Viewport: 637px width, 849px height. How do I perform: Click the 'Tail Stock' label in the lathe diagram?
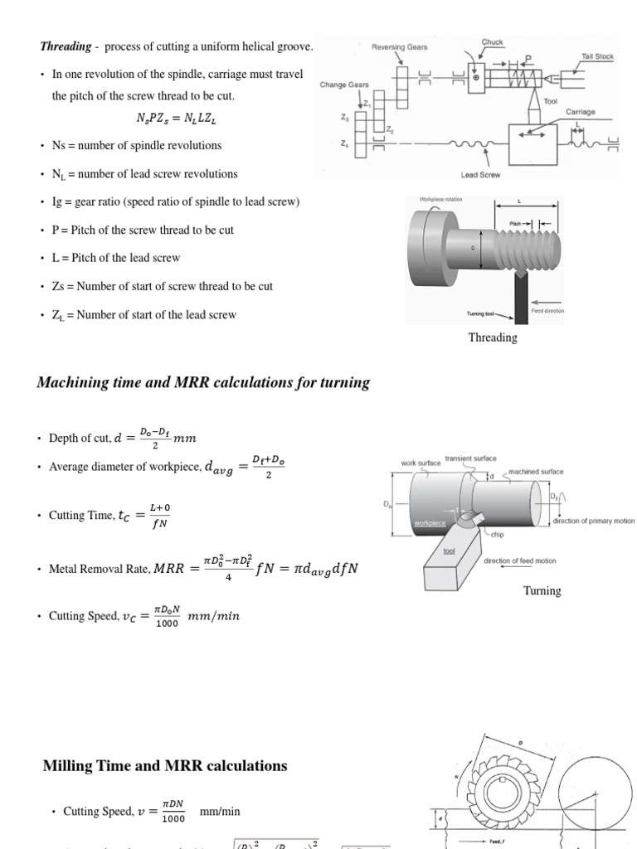[596, 56]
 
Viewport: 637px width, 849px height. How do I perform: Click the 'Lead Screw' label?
[480, 175]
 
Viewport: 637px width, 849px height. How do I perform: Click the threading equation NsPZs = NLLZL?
[177, 118]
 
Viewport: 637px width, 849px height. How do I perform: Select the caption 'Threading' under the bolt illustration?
[493, 337]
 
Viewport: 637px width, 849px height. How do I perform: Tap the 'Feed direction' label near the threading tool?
[547, 311]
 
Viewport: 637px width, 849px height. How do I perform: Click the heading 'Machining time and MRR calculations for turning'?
[203, 382]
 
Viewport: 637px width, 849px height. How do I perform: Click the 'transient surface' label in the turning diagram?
[471, 458]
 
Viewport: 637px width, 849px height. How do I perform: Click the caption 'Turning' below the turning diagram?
[542, 590]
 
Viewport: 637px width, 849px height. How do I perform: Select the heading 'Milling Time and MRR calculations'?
[164, 766]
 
